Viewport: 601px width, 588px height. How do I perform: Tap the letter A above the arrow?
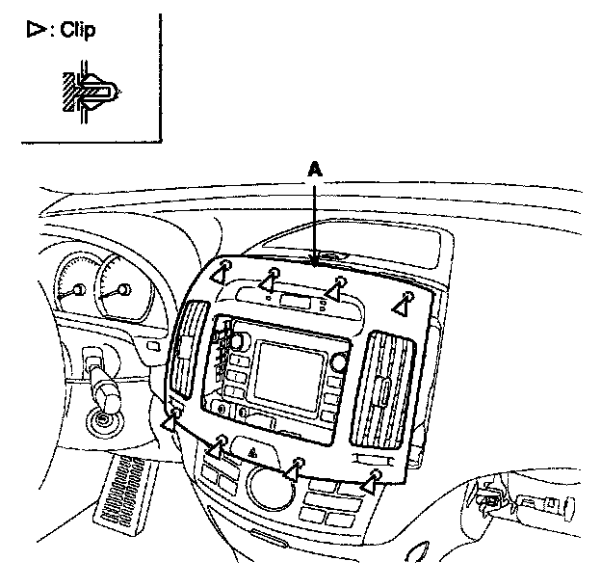(314, 169)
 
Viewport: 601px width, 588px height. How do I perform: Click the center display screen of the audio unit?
(286, 372)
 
